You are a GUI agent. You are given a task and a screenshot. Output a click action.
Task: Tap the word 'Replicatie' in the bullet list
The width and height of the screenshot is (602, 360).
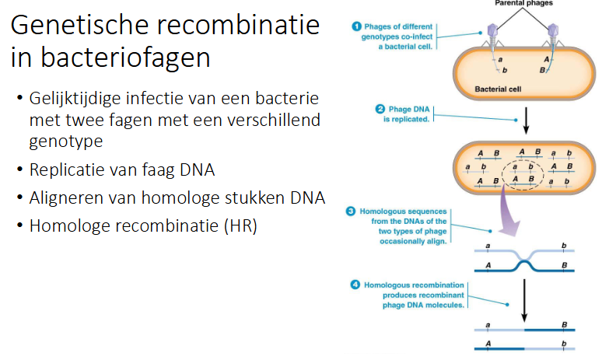point(66,170)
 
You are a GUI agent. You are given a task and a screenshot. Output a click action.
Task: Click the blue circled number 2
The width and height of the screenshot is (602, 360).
point(380,109)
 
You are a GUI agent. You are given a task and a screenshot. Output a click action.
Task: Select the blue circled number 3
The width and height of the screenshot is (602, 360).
point(351,211)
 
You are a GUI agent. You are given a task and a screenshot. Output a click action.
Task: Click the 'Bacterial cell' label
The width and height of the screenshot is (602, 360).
point(500,89)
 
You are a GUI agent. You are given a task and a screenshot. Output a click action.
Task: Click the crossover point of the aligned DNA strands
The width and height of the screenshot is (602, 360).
point(524,263)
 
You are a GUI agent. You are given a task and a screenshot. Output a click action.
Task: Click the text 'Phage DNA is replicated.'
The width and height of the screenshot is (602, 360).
point(404,114)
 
